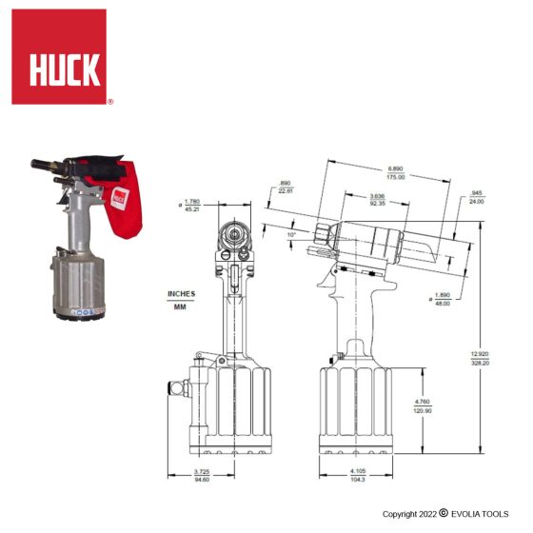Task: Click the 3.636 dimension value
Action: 377,196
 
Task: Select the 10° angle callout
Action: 291,233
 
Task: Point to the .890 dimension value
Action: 286,185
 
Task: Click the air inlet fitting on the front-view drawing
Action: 174,387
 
